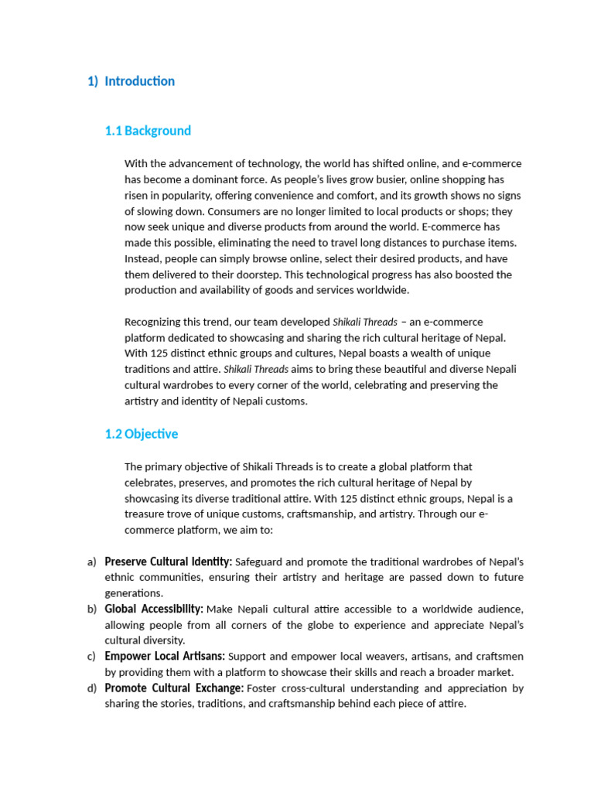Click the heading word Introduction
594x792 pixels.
(x=139, y=81)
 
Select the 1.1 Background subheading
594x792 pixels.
(x=148, y=131)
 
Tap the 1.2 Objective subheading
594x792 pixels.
(x=142, y=434)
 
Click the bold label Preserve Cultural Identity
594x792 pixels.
(x=168, y=562)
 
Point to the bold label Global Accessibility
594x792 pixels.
(x=154, y=609)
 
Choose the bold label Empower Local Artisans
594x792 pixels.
(x=165, y=657)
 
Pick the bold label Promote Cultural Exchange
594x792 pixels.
(x=174, y=688)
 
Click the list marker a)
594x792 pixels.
(x=92, y=562)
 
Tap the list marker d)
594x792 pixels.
(x=92, y=688)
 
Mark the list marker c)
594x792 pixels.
(x=92, y=657)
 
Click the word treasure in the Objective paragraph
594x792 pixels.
(x=145, y=514)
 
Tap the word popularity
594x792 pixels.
(x=180, y=196)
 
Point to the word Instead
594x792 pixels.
(x=144, y=258)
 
